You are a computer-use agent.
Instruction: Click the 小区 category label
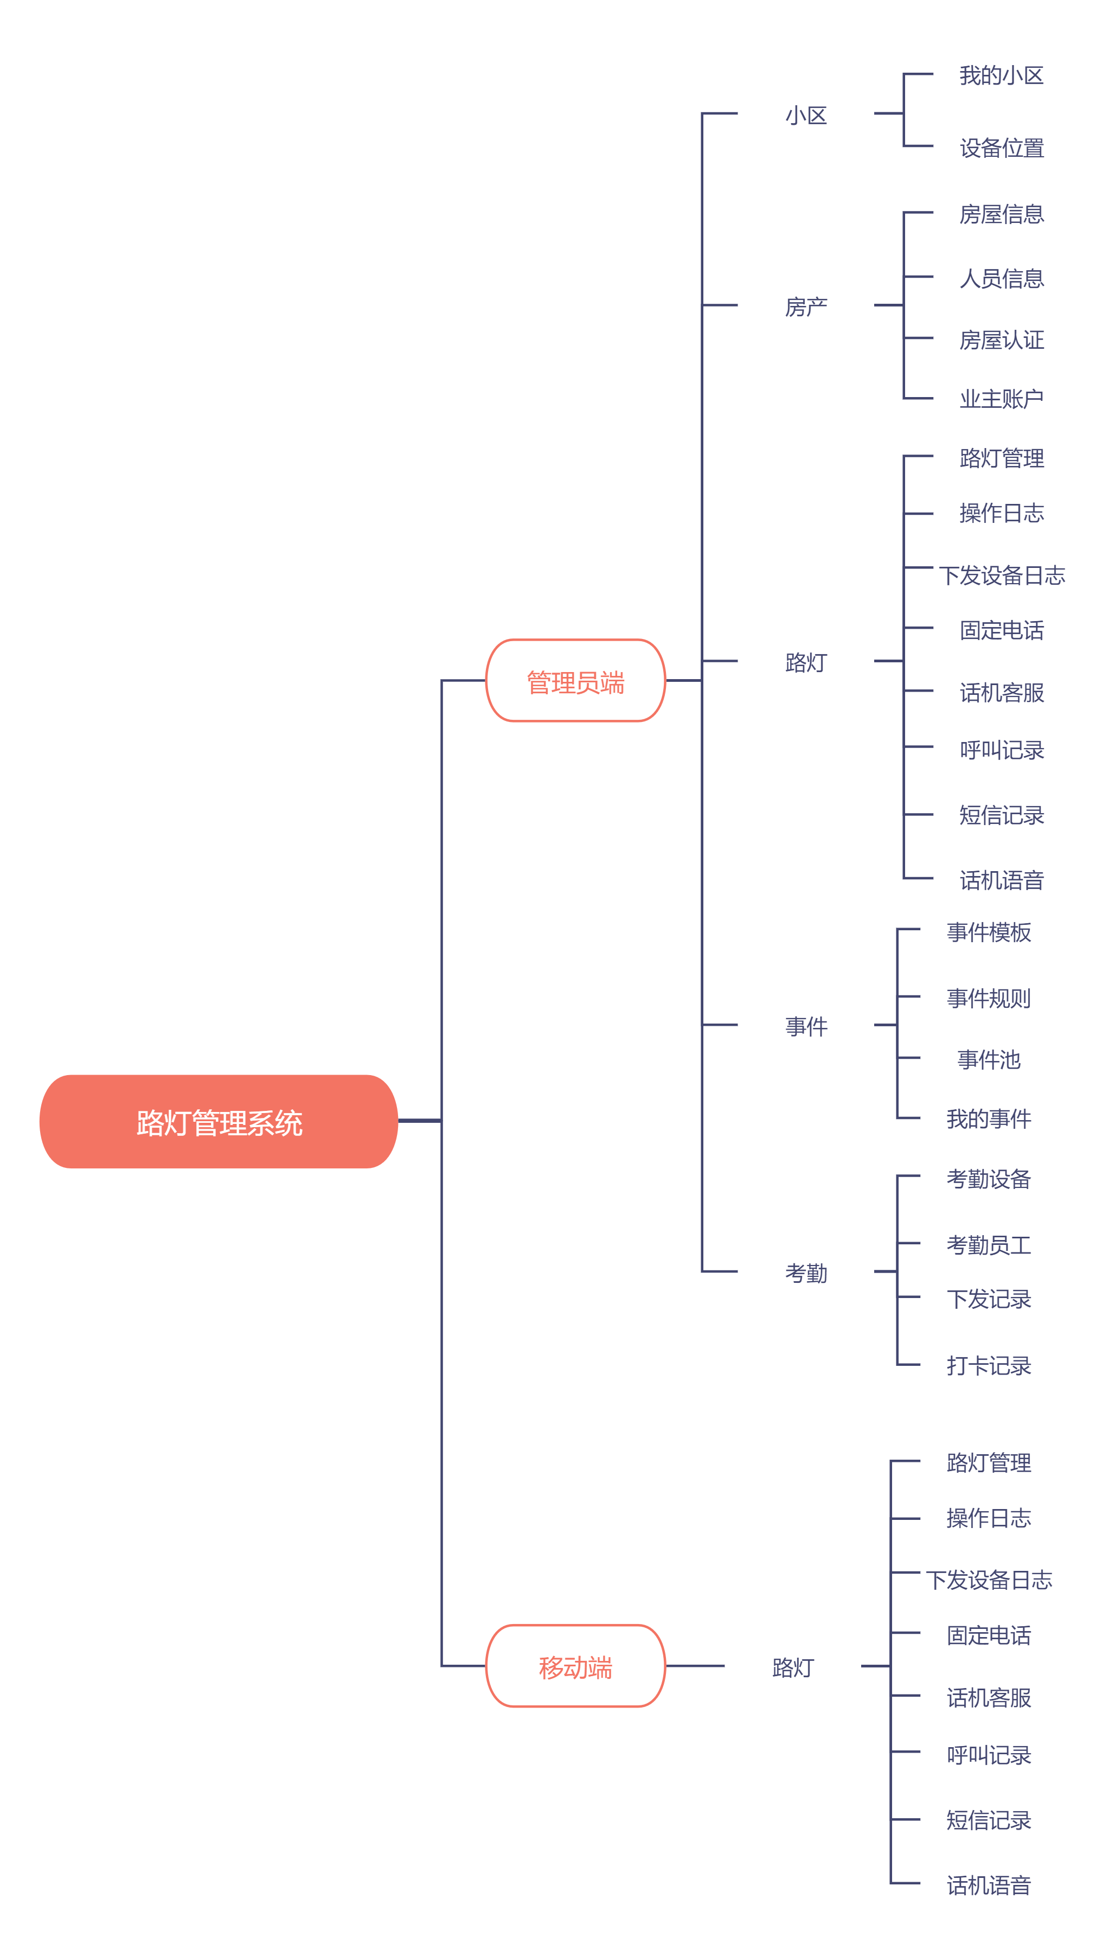coord(806,115)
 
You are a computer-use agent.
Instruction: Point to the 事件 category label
coord(806,1026)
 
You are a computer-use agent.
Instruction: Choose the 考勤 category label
coord(806,1272)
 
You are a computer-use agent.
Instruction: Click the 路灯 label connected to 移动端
coord(793,1667)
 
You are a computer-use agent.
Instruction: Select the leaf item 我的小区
coord(1001,75)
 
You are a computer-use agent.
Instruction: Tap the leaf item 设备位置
coord(1001,147)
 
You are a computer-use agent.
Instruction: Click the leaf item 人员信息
coord(1001,278)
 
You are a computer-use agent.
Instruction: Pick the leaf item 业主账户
coord(1001,398)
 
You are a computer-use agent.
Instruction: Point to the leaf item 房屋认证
coord(1001,340)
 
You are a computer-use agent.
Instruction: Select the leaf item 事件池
coord(989,1059)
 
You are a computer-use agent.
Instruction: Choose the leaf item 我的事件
coord(989,1118)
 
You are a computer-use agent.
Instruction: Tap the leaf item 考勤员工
coord(989,1244)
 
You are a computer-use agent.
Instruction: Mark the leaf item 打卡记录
coord(989,1365)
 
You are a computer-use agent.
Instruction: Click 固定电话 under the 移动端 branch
coord(989,1634)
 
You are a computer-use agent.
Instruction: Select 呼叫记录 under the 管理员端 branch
coord(1001,750)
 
